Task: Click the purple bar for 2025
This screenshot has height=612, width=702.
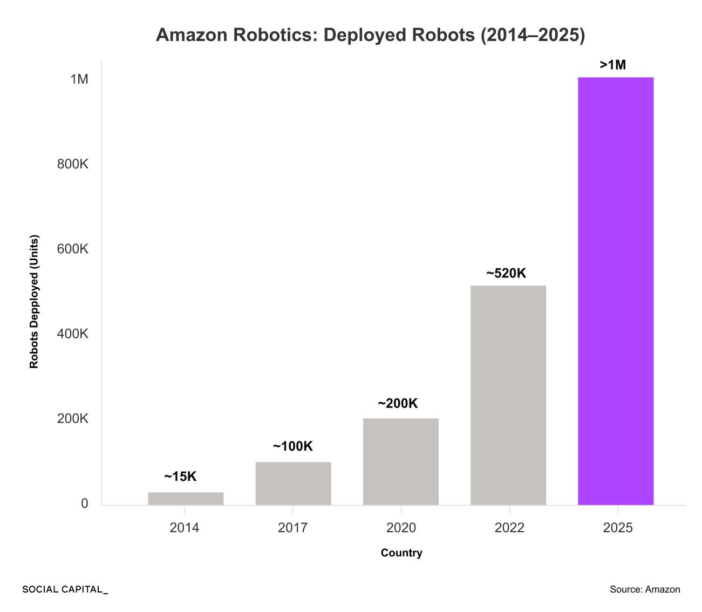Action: coord(616,291)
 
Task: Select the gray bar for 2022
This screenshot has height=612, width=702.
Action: coord(508,395)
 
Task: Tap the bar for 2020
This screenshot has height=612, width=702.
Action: coord(401,461)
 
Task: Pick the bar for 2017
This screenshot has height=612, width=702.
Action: coord(293,484)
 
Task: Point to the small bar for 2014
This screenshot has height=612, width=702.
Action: coord(186,499)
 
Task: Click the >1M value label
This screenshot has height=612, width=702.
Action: coord(613,65)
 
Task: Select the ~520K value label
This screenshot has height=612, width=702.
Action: coord(506,274)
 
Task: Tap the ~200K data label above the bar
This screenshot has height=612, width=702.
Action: coord(398,404)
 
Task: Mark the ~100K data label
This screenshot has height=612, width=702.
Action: coord(292,447)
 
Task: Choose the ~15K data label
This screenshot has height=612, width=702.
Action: coord(180,477)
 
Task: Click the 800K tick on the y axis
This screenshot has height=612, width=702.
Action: coord(73,164)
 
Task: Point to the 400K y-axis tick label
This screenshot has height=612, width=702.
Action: coord(73,334)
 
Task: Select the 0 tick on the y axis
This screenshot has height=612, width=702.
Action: coord(84,504)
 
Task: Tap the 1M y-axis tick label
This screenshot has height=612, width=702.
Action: coord(79,79)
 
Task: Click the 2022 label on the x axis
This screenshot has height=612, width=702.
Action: coord(509,528)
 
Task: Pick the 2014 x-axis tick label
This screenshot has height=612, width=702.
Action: coord(185,528)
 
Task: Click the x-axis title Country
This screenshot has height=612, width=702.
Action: coord(401,553)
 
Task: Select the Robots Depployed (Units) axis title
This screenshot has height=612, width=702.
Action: coord(35,302)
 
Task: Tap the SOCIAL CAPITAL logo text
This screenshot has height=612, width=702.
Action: coord(65,589)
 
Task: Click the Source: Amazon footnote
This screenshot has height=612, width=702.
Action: coord(645,589)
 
